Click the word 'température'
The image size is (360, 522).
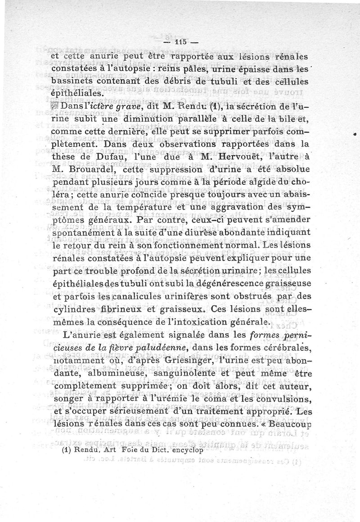coord(145,210)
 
